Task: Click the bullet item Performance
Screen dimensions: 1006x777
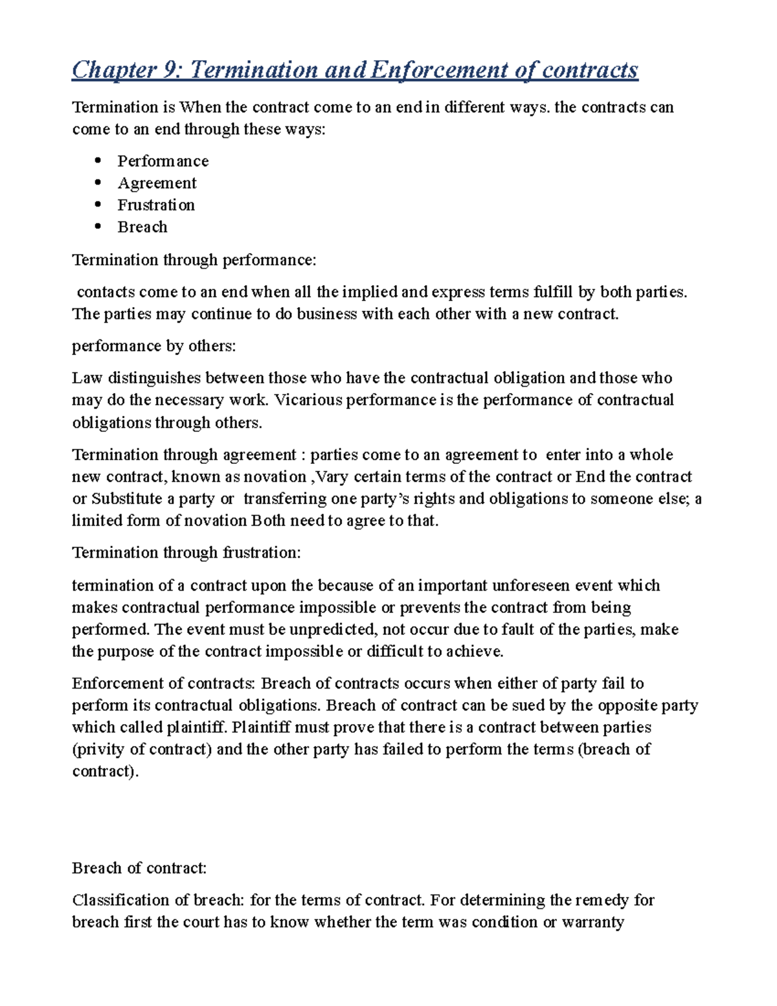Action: (163, 161)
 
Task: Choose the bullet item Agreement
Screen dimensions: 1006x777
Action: (157, 183)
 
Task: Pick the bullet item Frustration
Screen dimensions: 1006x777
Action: (156, 205)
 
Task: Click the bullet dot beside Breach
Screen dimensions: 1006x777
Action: (98, 227)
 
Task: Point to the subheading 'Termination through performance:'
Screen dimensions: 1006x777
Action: (194, 260)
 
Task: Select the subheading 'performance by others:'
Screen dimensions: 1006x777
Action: (153, 346)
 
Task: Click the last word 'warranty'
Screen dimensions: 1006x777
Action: (592, 922)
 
